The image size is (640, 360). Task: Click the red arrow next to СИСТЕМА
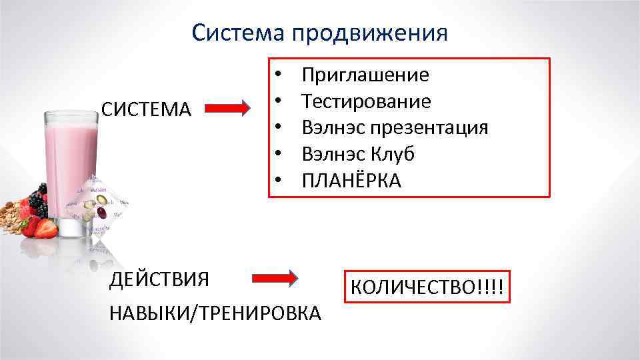(x=227, y=108)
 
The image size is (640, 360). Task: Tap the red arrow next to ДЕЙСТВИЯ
(x=275, y=279)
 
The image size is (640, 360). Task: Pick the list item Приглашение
(x=365, y=75)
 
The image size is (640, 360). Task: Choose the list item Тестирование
(x=366, y=101)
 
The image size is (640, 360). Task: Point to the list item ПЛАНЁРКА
(x=352, y=181)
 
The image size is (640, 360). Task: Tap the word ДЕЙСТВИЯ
(x=159, y=279)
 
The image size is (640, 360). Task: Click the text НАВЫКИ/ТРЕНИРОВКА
(x=215, y=312)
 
